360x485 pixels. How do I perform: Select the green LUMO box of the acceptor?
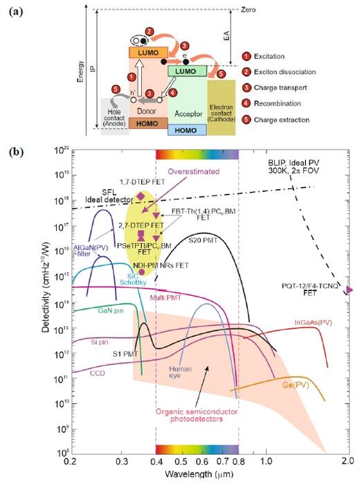(x=186, y=72)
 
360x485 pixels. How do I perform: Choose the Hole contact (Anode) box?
(x=114, y=112)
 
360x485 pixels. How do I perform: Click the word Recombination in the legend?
(x=271, y=105)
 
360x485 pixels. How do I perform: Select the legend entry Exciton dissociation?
(x=280, y=73)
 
